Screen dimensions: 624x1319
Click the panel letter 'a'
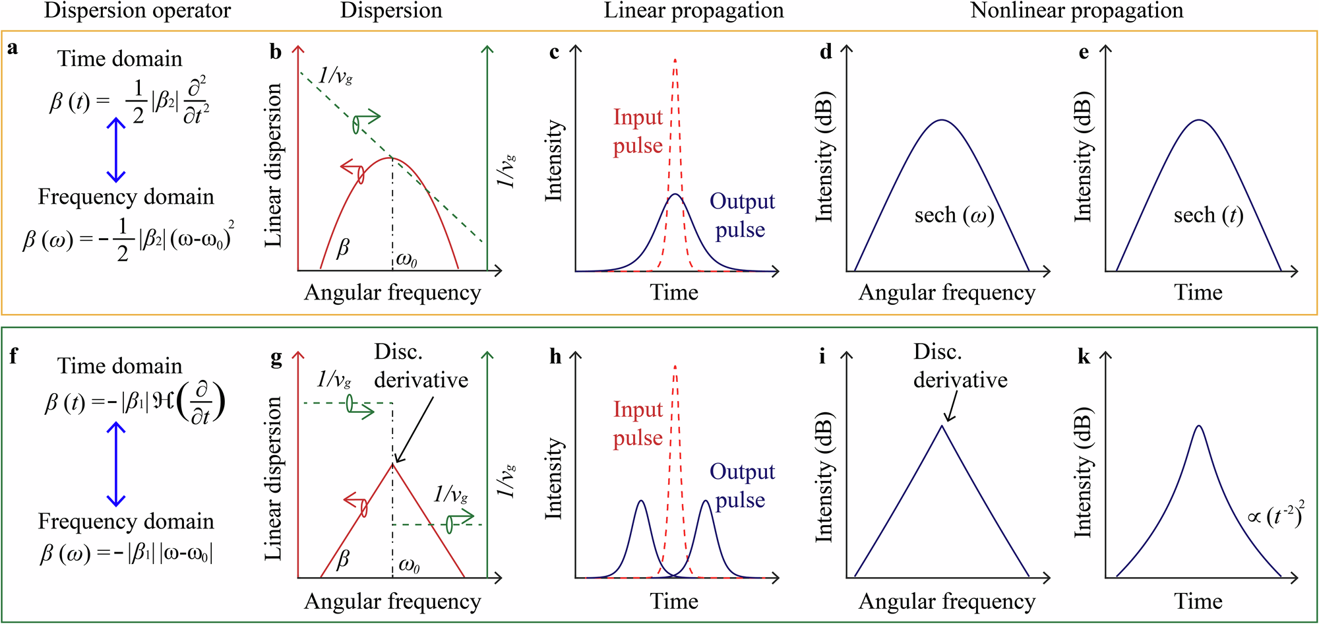click(12, 48)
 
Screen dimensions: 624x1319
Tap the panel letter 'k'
click(1084, 357)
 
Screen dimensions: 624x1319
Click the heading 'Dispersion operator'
click(137, 11)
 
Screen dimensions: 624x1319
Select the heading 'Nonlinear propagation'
click(1076, 11)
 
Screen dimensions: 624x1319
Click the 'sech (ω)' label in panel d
click(954, 215)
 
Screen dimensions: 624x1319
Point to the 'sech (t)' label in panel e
click(1208, 215)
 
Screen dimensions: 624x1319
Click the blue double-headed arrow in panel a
click(116, 150)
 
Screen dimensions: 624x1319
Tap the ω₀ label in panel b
click(406, 261)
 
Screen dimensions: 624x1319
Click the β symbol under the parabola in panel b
click(342, 249)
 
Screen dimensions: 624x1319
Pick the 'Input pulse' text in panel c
click(637, 131)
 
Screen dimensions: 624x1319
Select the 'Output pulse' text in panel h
click(741, 485)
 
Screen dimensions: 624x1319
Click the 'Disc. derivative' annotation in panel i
click(960, 366)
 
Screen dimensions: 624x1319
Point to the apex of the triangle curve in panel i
click(942, 426)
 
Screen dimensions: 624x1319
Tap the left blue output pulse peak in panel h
click(640, 501)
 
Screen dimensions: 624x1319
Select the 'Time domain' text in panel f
click(119, 366)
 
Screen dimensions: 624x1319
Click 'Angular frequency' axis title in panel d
click(946, 293)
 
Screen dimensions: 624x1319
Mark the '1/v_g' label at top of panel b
click(335, 76)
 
